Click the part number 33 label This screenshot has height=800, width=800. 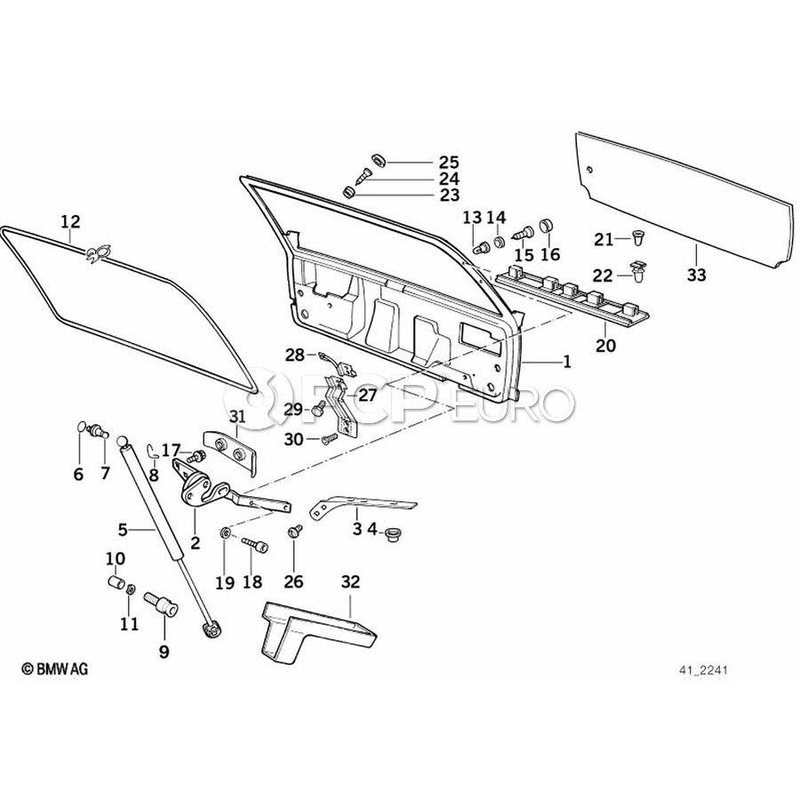click(696, 276)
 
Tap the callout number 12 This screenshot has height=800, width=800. click(70, 220)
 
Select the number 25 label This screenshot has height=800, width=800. click(448, 162)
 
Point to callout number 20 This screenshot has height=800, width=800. click(605, 345)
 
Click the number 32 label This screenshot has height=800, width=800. click(350, 582)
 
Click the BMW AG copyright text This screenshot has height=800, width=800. click(55, 668)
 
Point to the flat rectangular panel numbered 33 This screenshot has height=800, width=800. click(684, 200)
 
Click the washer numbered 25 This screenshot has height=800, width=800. click(376, 159)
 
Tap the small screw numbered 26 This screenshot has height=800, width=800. click(294, 531)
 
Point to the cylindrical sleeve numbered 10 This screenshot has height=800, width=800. click(113, 584)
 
